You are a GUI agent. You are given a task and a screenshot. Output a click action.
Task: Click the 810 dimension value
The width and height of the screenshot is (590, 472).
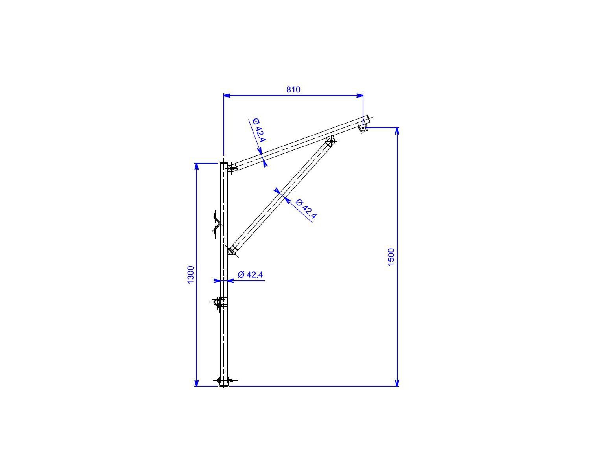tap(293, 90)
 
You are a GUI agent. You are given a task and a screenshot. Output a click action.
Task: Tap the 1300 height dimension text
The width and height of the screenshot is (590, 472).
tap(190, 275)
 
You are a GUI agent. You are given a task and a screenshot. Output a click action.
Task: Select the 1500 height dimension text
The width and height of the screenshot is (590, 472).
tap(391, 257)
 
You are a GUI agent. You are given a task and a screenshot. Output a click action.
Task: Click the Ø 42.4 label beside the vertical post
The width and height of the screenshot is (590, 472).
tap(250, 275)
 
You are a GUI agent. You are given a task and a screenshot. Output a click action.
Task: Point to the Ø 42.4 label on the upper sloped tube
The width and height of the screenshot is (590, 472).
tap(259, 130)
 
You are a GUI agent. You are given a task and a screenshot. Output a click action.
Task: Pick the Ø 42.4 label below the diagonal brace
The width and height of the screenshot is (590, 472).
tap(306, 209)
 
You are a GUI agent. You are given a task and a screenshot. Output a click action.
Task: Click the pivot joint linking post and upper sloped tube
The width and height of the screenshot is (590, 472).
tap(231, 168)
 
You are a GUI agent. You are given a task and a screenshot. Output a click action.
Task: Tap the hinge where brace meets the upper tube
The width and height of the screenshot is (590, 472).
tap(331, 142)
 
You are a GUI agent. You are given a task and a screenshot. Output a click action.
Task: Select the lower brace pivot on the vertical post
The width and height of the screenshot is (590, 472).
tap(232, 251)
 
